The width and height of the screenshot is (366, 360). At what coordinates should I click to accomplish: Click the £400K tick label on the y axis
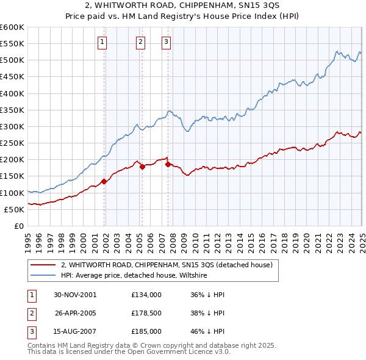[12, 93]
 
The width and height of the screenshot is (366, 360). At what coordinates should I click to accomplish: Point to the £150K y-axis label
[12, 176]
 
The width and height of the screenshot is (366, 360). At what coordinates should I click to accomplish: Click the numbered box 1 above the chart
[101, 41]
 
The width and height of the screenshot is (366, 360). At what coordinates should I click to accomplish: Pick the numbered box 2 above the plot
[140, 41]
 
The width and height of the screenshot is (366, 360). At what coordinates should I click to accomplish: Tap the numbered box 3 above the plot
[166, 41]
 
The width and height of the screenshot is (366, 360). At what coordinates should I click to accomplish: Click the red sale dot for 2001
[104, 181]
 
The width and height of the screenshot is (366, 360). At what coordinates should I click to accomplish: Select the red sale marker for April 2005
[142, 166]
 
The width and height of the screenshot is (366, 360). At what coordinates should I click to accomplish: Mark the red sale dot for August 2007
[168, 164]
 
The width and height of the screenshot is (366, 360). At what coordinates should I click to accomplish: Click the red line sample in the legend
[42, 265]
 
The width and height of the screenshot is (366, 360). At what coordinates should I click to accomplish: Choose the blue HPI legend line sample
[42, 275]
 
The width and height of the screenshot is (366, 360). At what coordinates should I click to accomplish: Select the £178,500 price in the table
[146, 313]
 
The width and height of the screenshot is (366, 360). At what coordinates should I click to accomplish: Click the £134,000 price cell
[146, 295]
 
